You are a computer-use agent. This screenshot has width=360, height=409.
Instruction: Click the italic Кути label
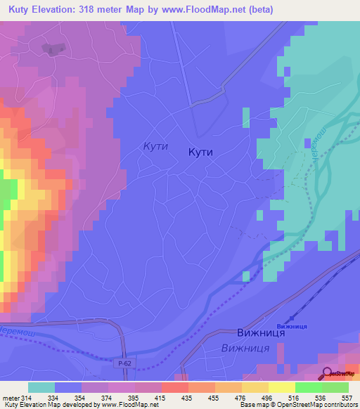[x=154, y=145]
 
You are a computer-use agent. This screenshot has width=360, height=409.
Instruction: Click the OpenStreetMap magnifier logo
[x=327, y=374]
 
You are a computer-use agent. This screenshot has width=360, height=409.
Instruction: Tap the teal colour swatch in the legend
[x=41, y=387]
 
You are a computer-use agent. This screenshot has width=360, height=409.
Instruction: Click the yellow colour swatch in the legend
[x=281, y=387]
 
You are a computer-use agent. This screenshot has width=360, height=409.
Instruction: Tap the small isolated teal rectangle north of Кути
[x=245, y=117]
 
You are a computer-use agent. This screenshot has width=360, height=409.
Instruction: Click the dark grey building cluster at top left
[x=51, y=48]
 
